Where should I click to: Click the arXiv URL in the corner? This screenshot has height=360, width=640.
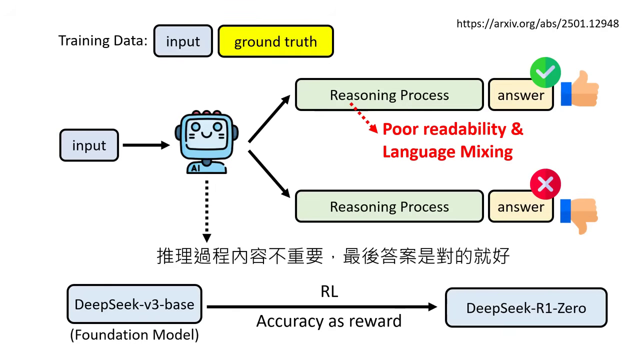point(537,23)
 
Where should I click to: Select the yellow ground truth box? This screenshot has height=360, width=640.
point(275,41)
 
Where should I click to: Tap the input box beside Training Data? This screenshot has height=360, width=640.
point(183,41)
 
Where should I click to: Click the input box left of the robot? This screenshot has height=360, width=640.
point(89,145)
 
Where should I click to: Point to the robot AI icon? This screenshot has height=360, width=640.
point(206,142)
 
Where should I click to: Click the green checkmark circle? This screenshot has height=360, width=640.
point(545,72)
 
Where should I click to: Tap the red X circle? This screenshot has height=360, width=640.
point(545,184)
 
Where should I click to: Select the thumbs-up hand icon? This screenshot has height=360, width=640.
point(580,89)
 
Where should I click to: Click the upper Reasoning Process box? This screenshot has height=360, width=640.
point(389,95)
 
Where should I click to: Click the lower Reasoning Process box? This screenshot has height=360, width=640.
point(389,206)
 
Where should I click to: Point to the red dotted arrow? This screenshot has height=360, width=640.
point(363,118)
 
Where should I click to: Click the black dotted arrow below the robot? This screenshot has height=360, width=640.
point(206,210)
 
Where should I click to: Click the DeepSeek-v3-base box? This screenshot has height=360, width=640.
point(134,304)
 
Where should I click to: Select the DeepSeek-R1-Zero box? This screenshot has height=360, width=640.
point(526,307)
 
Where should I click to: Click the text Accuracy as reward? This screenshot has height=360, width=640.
point(329,321)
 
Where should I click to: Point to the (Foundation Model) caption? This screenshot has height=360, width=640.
point(134,334)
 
